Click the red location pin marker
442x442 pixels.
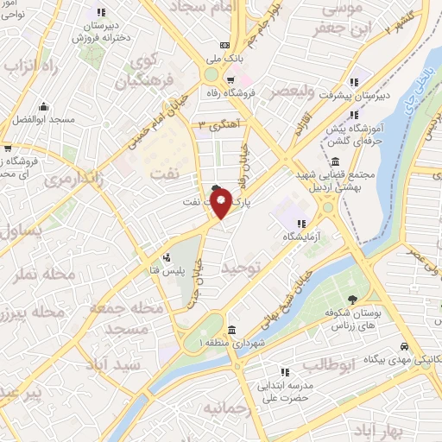pyautogui.click(x=221, y=203)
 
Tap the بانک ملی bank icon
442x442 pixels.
pyautogui.click(x=224, y=45)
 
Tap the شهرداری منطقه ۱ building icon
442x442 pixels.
pyautogui.click(x=231, y=331)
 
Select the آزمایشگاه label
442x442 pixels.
pyautogui.click(x=302, y=236)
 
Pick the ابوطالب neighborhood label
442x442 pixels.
pyautogui.click(x=331, y=365)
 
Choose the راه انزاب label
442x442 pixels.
pyautogui.click(x=33, y=66)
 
